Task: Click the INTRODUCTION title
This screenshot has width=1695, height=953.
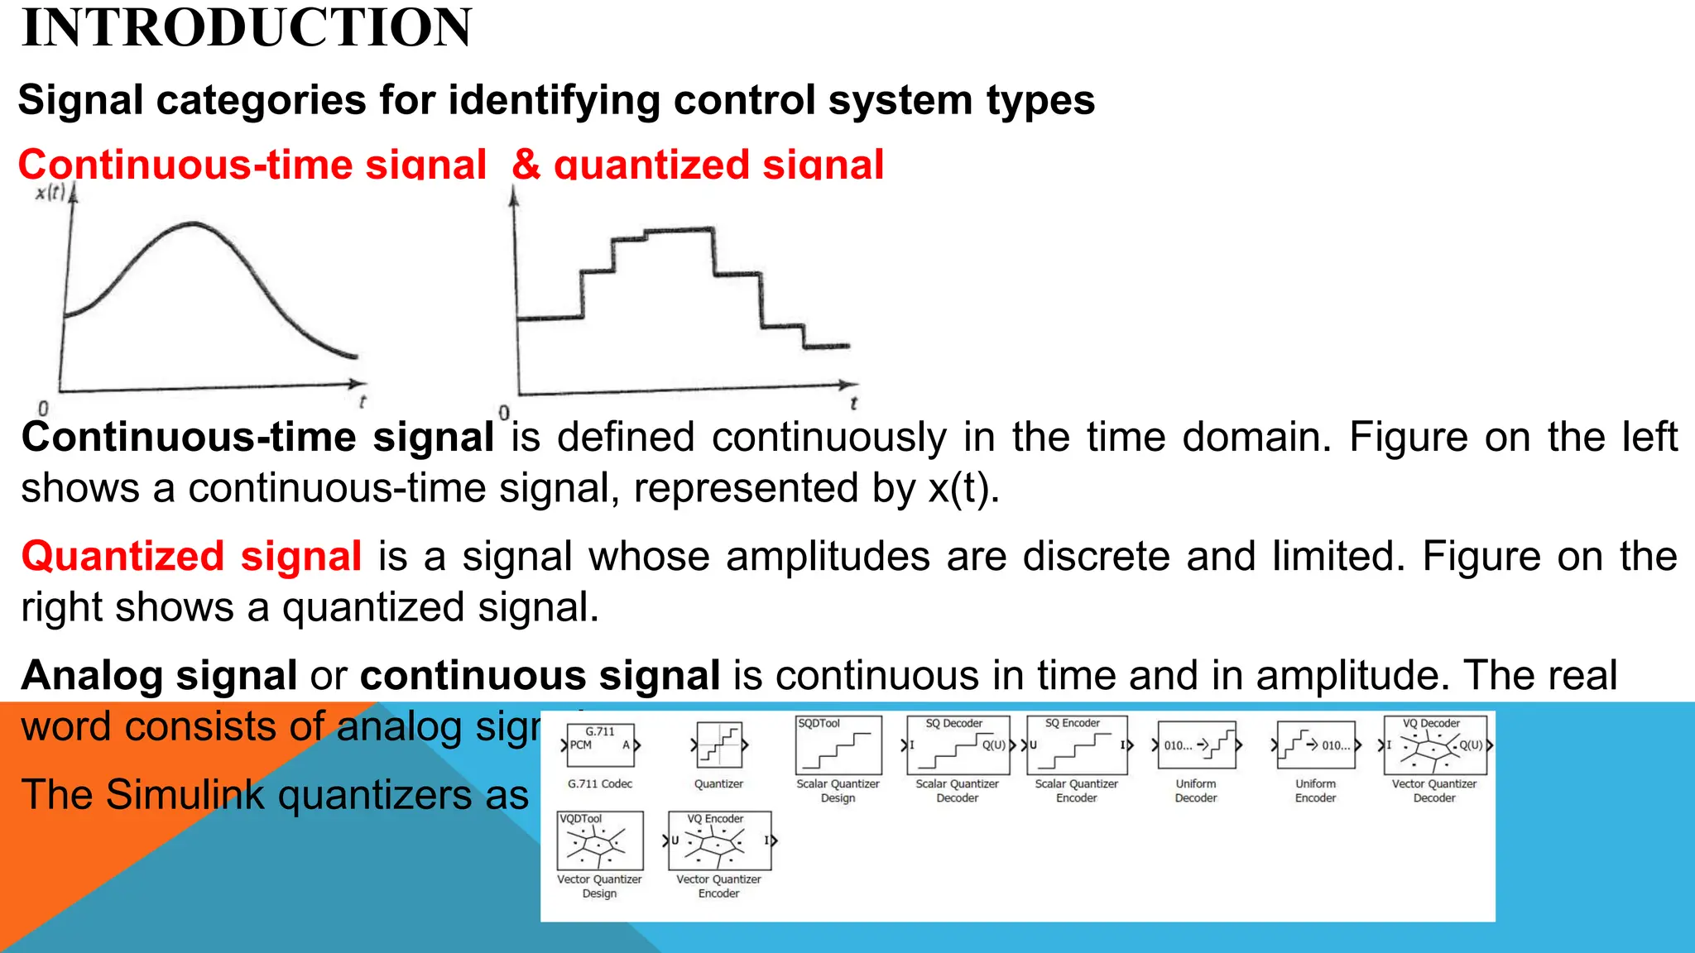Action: pos(247,28)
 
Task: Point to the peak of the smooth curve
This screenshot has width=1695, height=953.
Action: pos(194,223)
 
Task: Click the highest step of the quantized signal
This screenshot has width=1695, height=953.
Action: pos(679,231)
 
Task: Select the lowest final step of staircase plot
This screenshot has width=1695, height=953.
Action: pos(827,346)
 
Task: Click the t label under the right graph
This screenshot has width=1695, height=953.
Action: pos(853,404)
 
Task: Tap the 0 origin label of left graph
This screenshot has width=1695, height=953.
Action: pos(43,409)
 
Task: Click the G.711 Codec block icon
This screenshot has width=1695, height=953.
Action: pos(601,745)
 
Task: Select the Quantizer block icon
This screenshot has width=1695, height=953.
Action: pos(718,745)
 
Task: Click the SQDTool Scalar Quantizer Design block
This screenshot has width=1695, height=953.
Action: pos(838,745)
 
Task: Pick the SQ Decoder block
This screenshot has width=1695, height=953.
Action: pos(958,745)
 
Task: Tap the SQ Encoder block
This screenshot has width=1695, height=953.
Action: pos(1077,745)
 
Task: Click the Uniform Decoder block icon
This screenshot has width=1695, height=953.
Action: pos(1196,745)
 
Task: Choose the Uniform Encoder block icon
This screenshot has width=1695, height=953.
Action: pos(1315,745)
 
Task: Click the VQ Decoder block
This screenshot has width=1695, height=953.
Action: pos(1434,745)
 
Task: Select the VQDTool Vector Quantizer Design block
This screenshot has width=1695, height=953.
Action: pos(600,841)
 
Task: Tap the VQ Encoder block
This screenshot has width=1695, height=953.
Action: pos(719,841)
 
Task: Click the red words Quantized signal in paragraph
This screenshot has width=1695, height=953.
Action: pos(192,557)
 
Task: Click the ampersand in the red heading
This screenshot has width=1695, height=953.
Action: pos(526,164)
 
